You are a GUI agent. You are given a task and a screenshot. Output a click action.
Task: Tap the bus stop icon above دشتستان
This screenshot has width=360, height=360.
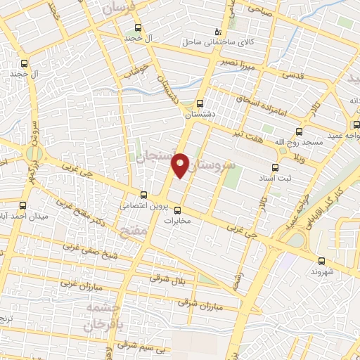200,103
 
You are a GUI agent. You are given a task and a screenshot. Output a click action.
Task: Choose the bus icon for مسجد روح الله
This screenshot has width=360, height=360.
300,131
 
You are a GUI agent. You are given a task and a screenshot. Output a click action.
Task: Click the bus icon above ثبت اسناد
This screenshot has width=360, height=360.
274,167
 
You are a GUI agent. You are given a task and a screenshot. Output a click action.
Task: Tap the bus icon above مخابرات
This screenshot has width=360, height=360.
177,210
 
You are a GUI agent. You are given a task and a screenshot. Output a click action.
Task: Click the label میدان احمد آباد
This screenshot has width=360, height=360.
24,216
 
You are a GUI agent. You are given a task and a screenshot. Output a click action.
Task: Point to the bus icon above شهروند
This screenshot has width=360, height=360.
321,261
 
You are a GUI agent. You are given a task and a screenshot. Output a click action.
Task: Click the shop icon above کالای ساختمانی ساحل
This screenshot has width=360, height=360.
218,33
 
